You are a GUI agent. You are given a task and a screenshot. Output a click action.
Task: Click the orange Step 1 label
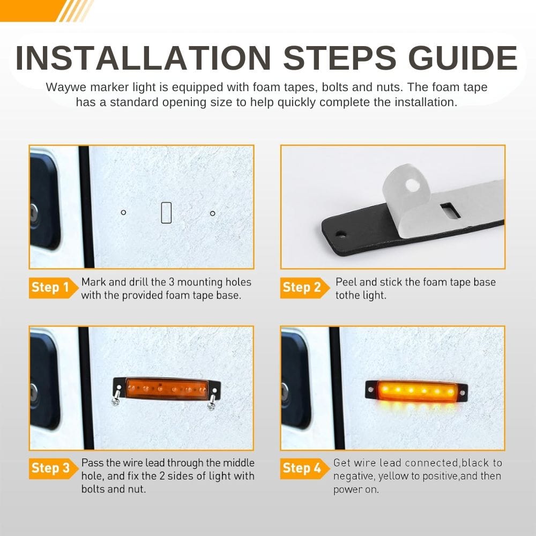(53, 288)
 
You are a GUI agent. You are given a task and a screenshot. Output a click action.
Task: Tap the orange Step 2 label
(304, 288)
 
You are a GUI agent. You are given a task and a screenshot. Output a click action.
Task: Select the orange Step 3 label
(53, 468)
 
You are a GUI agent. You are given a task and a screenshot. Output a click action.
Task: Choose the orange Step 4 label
(304, 468)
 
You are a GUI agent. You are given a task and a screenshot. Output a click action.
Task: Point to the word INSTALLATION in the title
(144, 58)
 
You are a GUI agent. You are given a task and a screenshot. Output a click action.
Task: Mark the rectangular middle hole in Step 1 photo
(166, 213)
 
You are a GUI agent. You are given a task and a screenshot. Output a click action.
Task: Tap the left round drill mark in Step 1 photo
(123, 213)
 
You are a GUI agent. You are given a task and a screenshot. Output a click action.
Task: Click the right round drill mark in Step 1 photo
(213, 214)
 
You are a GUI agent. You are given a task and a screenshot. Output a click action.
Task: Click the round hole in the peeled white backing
(412, 185)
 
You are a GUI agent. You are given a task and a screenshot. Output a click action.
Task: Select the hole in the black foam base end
(341, 235)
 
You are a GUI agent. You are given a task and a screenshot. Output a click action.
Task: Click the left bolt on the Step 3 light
(116, 397)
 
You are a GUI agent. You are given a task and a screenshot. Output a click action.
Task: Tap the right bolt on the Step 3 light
(212, 400)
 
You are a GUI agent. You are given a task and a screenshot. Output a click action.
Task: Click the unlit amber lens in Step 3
(167, 389)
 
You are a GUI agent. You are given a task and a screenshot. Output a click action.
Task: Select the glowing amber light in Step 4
(416, 390)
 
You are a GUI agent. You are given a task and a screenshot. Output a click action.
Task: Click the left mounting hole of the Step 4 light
(370, 389)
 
